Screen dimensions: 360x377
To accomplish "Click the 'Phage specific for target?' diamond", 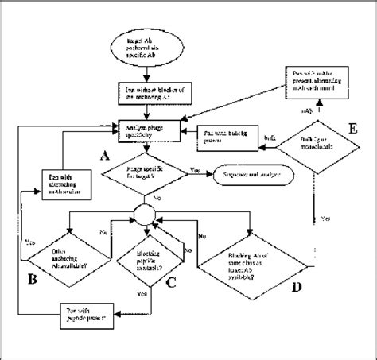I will [144, 172].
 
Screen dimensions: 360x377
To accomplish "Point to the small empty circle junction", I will [144, 213].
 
